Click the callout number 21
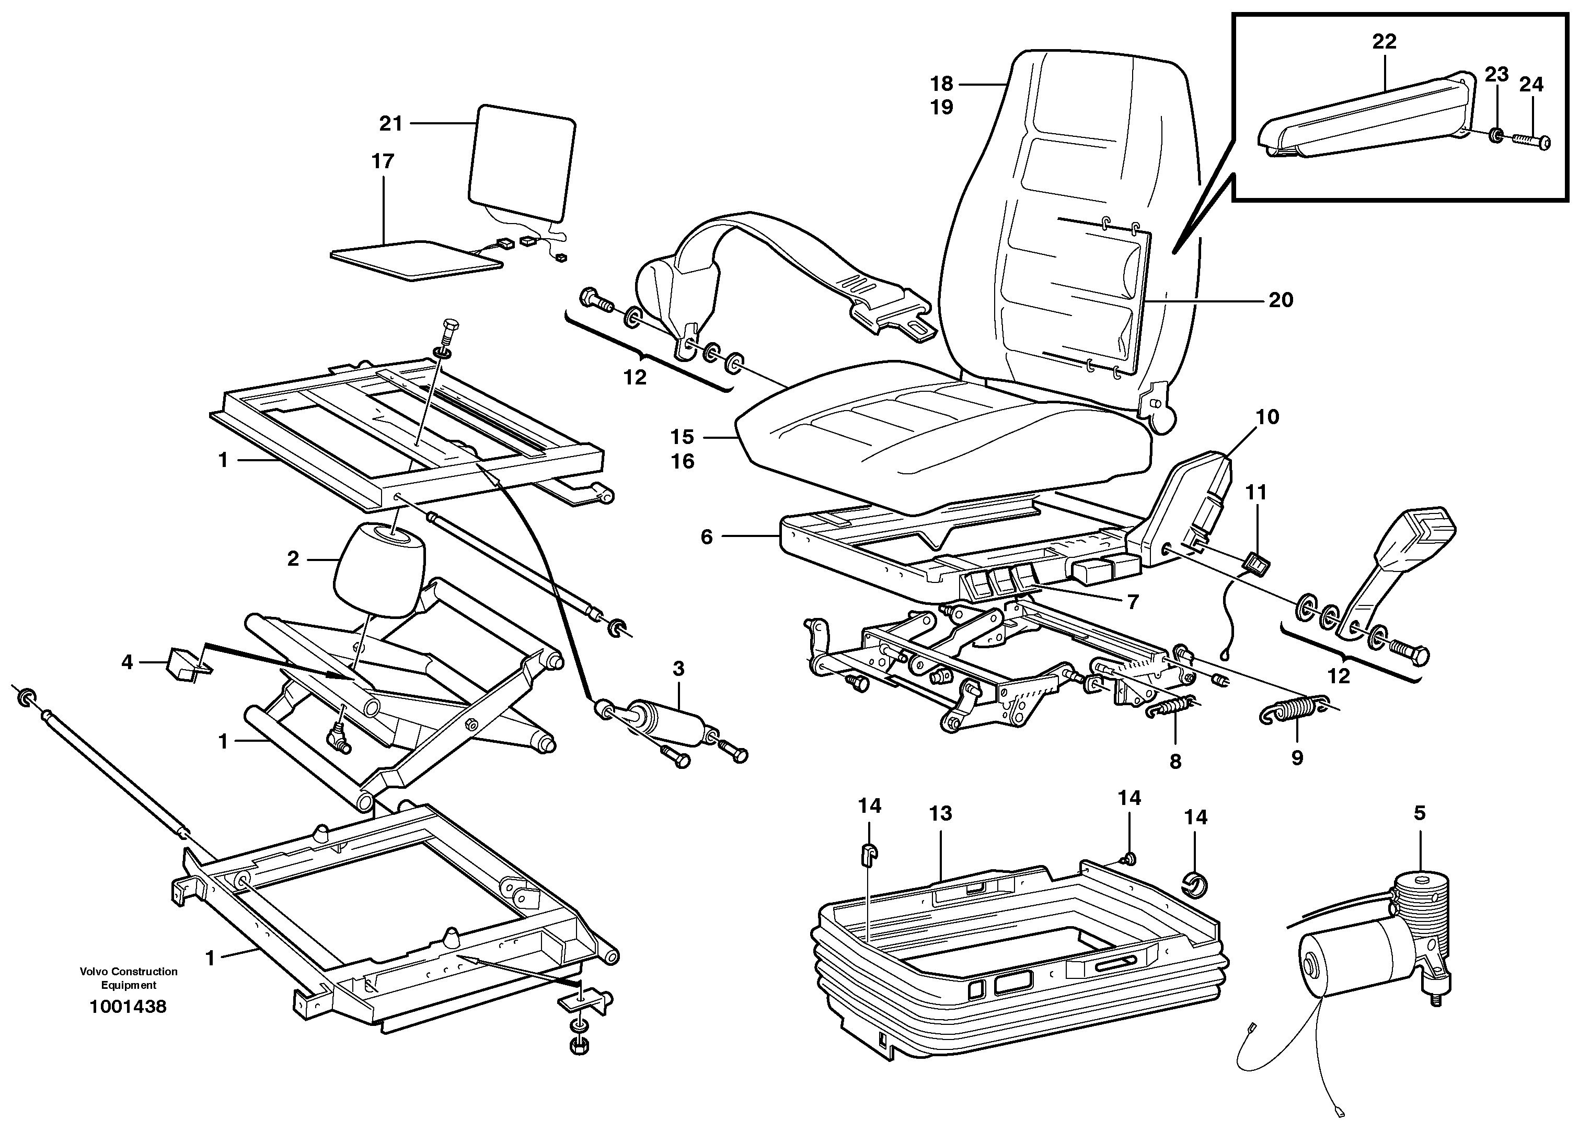(390, 124)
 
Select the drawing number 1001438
(128, 1007)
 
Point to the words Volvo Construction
(129, 972)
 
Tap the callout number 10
(1267, 417)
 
